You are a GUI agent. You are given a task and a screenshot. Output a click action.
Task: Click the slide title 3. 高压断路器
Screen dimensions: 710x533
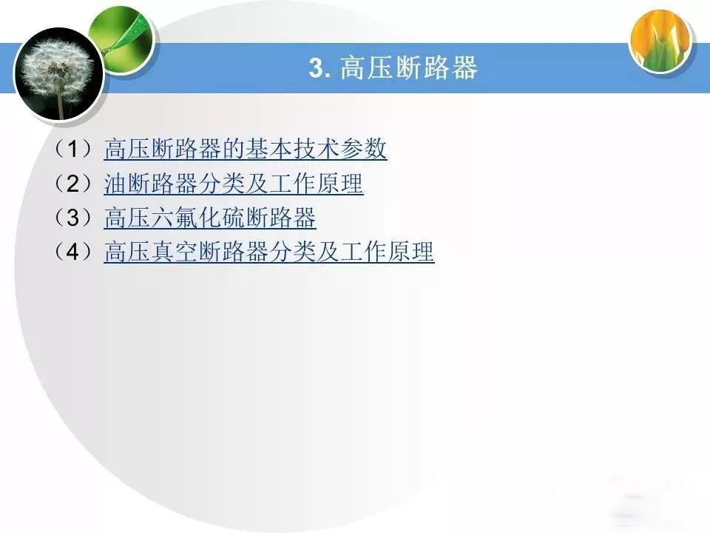[x=393, y=67]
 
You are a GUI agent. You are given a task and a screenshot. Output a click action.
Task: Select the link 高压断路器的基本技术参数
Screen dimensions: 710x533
[x=246, y=149]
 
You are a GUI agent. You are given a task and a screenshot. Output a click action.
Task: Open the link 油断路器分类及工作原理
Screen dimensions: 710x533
[x=234, y=184]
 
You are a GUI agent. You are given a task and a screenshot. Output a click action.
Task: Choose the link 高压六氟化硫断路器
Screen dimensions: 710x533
[x=210, y=218]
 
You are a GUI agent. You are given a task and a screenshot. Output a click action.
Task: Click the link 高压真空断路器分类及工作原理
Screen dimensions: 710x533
[x=269, y=252]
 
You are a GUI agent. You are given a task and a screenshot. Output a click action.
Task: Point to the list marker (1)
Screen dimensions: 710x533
[x=73, y=149]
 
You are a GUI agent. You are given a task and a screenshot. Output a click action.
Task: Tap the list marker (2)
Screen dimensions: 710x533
[x=73, y=183]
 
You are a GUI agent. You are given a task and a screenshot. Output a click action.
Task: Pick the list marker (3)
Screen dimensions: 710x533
[x=73, y=218]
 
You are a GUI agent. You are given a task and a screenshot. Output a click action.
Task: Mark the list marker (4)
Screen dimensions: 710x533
[x=73, y=252]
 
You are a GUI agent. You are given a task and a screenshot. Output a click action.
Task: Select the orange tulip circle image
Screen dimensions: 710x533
[x=661, y=41]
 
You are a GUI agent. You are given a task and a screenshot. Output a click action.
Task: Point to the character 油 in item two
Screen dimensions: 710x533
[x=115, y=184]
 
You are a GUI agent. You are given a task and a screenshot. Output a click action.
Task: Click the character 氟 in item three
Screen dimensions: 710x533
[x=186, y=218]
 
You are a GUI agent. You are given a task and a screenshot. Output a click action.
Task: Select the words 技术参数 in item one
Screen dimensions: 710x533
[x=339, y=149]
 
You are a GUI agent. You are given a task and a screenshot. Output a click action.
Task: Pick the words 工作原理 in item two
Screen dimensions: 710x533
[x=317, y=184]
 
